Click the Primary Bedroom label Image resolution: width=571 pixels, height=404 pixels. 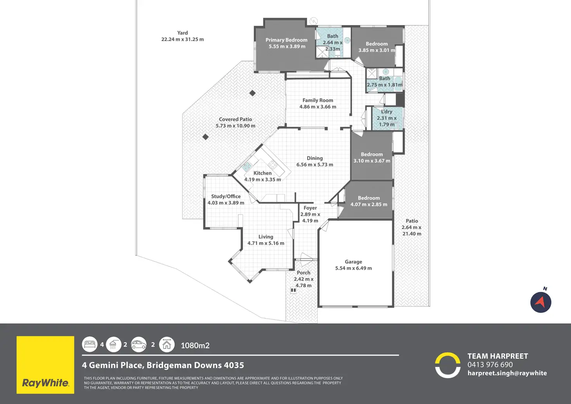pos(286,40)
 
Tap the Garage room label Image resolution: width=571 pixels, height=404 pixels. pos(353,262)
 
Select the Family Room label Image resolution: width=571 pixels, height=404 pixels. pos(318,101)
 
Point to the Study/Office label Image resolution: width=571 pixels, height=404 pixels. pos(226,196)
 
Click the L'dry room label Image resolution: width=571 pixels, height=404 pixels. pos(387,112)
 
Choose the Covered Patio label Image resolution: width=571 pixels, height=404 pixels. pos(235,120)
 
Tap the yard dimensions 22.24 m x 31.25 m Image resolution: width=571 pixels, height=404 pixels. pos(182,39)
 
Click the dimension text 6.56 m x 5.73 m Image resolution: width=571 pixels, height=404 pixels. pos(315,165)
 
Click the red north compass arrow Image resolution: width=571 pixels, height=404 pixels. pos(541,302)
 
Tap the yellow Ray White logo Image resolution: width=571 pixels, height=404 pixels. pos(45,365)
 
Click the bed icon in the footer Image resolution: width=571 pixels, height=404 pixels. pos(90,344)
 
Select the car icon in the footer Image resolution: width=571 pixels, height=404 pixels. pos(138,344)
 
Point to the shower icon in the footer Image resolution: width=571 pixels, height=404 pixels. pos(113,344)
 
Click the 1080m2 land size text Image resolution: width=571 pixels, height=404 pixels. pos(195,345)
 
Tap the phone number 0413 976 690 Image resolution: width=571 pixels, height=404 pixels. pos(490,365)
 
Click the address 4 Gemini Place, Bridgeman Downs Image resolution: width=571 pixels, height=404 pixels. pos(163,365)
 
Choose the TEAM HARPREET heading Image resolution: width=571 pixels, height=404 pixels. pos(498,356)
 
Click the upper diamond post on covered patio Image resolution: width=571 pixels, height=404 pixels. pos(253,93)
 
